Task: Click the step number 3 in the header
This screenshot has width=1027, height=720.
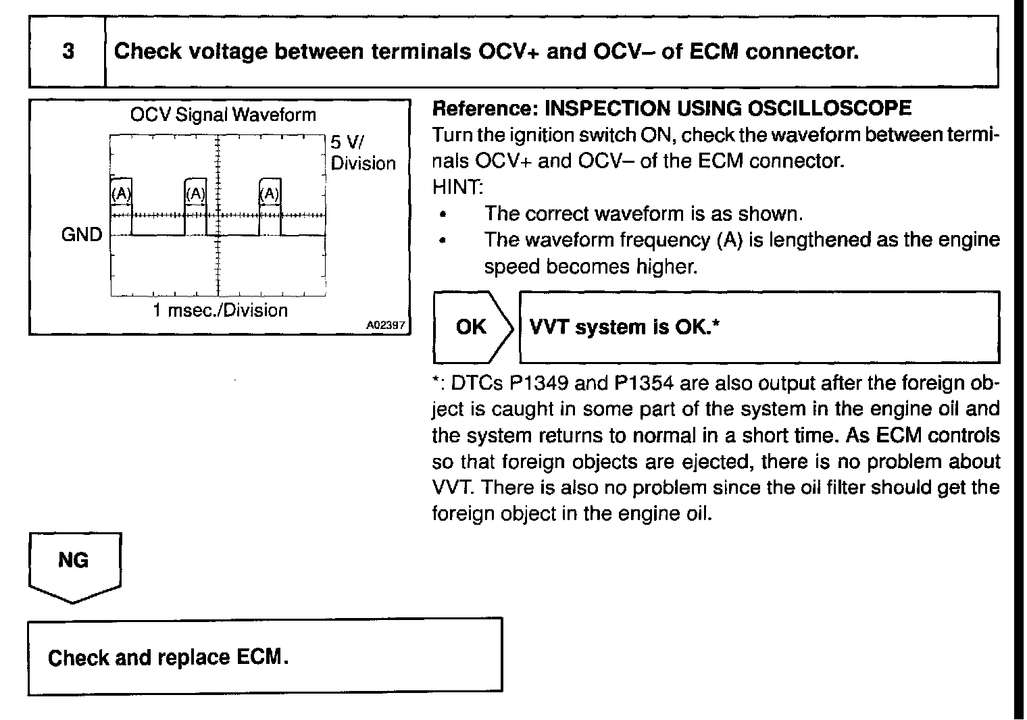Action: (x=68, y=51)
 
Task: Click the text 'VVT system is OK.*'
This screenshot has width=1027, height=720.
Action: (x=624, y=328)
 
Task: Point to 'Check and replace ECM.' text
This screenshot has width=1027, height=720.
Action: (x=168, y=657)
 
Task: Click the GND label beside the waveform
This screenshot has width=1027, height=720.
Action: (x=82, y=235)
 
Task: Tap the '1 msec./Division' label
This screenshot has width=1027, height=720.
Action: (x=220, y=311)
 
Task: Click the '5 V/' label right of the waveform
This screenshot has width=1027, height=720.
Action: (x=347, y=143)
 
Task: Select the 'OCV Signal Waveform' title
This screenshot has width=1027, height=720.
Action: (x=223, y=115)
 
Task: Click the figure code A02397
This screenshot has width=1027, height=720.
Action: (x=385, y=325)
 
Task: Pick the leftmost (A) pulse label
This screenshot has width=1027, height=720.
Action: (x=121, y=194)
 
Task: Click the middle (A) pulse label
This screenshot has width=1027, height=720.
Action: (x=195, y=194)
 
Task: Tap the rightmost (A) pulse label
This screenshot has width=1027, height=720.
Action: (x=270, y=194)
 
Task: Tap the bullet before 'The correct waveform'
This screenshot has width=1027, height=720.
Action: (x=443, y=215)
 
